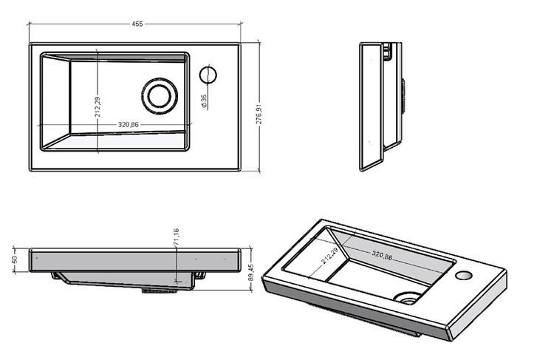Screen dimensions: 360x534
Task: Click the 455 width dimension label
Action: point(137,24)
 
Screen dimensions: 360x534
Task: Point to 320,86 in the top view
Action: point(129,124)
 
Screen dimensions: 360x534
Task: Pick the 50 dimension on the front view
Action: point(13,260)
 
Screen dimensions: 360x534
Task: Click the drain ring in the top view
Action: point(158,96)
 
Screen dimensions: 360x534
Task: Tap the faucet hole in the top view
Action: point(208,75)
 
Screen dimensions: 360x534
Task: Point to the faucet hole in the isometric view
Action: point(464,276)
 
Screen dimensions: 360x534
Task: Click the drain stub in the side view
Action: point(403,95)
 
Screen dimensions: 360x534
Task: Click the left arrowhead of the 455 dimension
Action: point(31,24)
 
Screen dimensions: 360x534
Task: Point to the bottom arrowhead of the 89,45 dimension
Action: point(251,291)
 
